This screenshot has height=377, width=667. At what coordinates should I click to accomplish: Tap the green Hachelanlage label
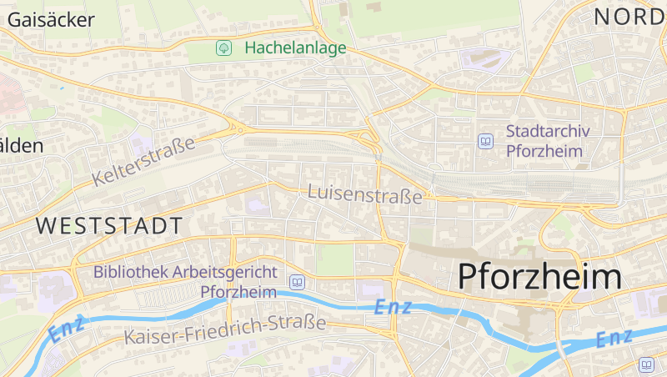(x=295, y=48)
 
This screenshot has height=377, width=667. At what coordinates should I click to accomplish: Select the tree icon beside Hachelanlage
(x=223, y=48)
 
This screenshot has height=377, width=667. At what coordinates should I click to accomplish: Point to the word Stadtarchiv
(x=549, y=131)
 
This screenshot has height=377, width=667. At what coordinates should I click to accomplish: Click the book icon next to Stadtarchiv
(x=485, y=141)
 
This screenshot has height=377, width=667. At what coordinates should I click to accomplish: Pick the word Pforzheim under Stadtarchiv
(x=544, y=151)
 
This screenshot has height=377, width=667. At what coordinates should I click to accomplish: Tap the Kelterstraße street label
(x=144, y=161)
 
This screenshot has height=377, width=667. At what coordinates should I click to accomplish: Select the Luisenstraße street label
(x=365, y=194)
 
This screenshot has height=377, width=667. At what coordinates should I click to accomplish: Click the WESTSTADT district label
(x=109, y=225)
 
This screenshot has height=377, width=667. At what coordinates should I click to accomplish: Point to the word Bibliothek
(x=131, y=272)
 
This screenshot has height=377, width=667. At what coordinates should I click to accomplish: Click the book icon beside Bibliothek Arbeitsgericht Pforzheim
(x=296, y=282)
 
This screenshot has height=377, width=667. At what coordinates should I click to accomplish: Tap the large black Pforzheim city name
(x=540, y=276)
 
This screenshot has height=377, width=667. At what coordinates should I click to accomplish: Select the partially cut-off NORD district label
(x=629, y=15)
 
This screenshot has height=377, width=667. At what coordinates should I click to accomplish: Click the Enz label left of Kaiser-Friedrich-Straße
(x=67, y=329)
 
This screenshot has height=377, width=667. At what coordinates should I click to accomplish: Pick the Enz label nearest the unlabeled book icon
(x=614, y=338)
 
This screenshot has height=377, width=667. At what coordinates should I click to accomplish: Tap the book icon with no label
(x=647, y=364)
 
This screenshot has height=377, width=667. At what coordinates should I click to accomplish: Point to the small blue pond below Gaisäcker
(x=61, y=87)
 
